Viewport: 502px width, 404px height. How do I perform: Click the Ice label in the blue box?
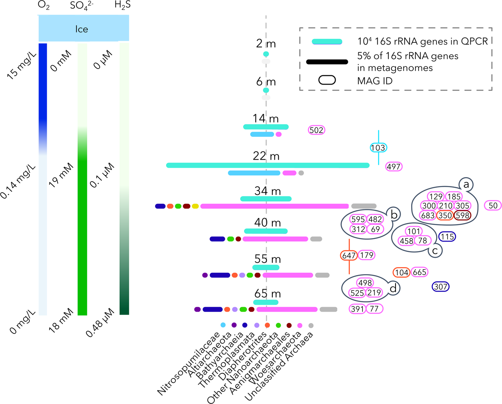[82, 29]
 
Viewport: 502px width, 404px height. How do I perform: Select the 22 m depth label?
[266, 156]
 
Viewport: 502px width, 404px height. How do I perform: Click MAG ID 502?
[317, 130]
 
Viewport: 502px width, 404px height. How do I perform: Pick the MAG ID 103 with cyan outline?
[378, 148]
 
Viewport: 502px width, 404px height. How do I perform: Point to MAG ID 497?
[394, 167]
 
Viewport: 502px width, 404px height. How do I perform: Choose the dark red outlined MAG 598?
[462, 215]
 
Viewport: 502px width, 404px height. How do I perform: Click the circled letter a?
[466, 184]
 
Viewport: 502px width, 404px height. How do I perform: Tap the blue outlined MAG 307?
[441, 287]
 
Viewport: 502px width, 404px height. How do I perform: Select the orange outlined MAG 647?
[349, 256]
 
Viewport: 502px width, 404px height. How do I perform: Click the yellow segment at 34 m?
[195, 206]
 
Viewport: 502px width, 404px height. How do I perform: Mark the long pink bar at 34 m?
[274, 206]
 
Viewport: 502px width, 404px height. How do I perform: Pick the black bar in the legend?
[327, 62]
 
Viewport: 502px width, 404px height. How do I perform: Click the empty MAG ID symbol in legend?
[327, 80]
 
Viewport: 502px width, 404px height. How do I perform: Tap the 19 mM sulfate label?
[61, 175]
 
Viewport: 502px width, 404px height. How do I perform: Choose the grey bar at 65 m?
[328, 310]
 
